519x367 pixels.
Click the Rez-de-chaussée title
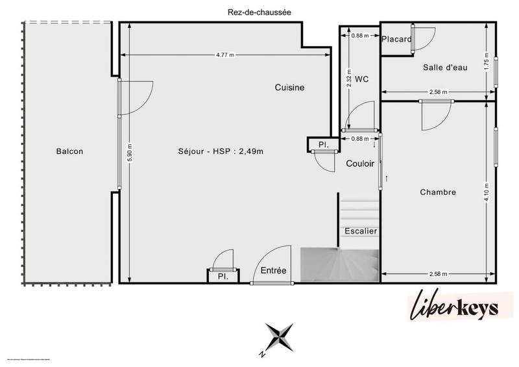(259, 11)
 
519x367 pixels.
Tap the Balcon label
(69, 151)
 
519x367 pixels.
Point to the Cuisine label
(289, 88)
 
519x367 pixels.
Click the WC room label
(362, 79)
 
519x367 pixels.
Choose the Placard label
(396, 40)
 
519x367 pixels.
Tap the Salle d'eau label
(444, 68)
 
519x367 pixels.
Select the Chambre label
(437, 192)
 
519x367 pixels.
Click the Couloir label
(359, 164)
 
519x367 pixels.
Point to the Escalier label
(361, 231)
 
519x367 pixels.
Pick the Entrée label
(273, 270)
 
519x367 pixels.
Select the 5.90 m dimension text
(130, 152)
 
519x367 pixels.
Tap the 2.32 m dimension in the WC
(348, 79)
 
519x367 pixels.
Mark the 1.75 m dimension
(487, 61)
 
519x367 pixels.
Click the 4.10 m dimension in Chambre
(487, 193)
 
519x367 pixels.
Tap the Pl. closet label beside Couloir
(322, 145)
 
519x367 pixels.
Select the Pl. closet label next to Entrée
(222, 276)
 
